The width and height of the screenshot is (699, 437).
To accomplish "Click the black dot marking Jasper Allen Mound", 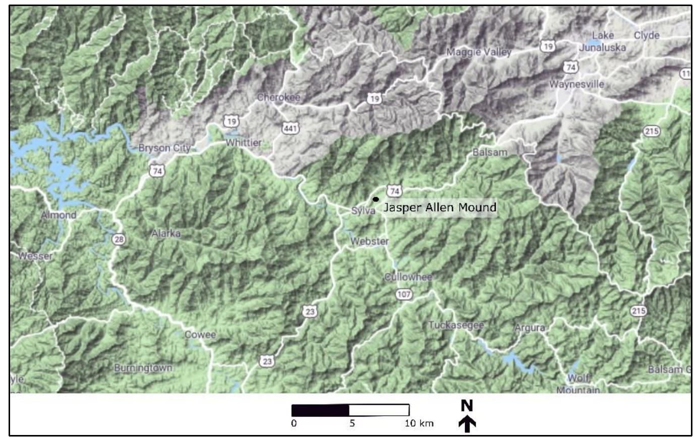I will pyautogui.click(x=376, y=199).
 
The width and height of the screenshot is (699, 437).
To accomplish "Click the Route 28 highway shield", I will pyautogui.click(x=119, y=239).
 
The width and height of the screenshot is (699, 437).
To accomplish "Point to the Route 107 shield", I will pyautogui.click(x=404, y=294).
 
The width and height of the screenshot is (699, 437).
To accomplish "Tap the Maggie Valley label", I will pyautogui.click(x=479, y=52).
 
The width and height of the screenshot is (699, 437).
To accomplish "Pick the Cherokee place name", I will pyautogui.click(x=278, y=97).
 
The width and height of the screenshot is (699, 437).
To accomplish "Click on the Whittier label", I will pyautogui.click(x=244, y=143).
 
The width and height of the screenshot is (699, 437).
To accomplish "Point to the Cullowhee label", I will pyautogui.click(x=409, y=277).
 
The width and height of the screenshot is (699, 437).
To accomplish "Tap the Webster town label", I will pyautogui.click(x=370, y=242).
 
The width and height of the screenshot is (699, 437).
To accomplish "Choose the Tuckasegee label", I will pyautogui.click(x=456, y=325).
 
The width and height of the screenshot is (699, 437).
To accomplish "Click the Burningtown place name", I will pyautogui.click(x=143, y=368).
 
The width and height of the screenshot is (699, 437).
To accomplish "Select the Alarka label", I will pyautogui.click(x=166, y=234).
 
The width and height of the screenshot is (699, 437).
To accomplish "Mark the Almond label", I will pyautogui.click(x=59, y=215).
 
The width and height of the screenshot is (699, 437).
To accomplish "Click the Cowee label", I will pyautogui.click(x=200, y=335).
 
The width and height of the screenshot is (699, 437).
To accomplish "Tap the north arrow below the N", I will pyautogui.click(x=468, y=424).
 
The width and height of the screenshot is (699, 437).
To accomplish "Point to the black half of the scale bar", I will pyautogui.click(x=321, y=410).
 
